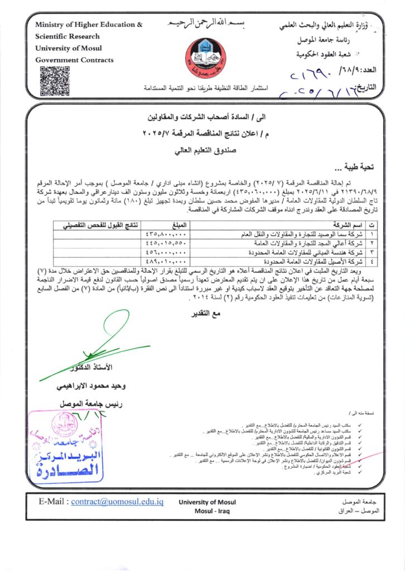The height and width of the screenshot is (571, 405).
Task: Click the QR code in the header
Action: click(54, 80)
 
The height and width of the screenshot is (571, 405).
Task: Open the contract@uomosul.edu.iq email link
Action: click(117, 501)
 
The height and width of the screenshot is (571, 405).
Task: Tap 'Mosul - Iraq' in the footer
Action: click(211, 511)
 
